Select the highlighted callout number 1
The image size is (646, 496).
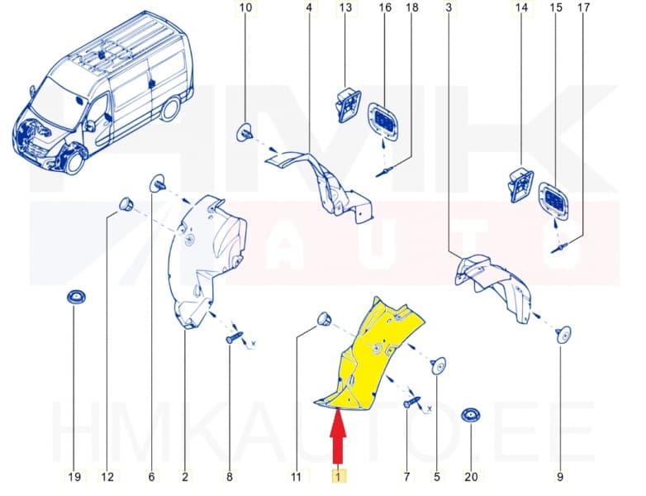[337, 476]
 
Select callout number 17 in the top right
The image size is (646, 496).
[583, 8]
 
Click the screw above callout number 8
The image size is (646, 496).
[234, 337]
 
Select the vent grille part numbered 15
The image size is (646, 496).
[552, 198]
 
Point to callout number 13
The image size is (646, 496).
[345, 8]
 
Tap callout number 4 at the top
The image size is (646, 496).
[308, 8]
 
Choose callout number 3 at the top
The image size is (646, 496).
[448, 8]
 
